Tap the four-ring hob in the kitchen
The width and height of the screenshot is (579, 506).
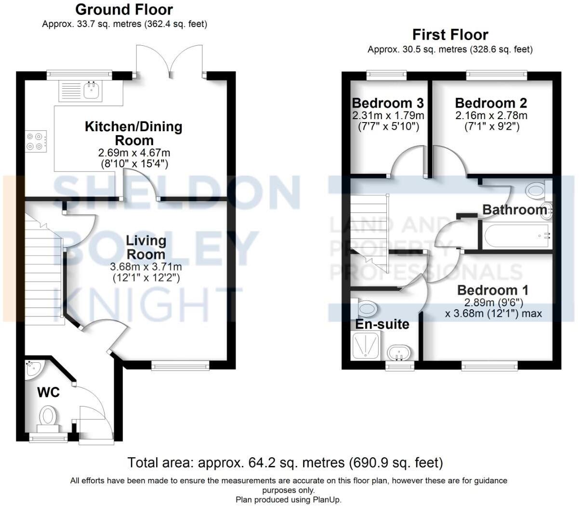pyautogui.click(x=36, y=141)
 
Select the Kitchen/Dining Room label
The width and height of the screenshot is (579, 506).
pyautogui.click(x=133, y=134)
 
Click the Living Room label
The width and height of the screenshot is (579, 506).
pyautogui.click(x=145, y=247)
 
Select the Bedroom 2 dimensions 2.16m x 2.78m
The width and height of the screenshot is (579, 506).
pyautogui.click(x=491, y=116)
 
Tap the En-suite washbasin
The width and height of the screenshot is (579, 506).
pyautogui.click(x=399, y=352)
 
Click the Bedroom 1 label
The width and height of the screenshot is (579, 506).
pyautogui.click(x=492, y=290)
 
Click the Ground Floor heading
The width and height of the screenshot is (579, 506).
pyautogui.click(x=124, y=9)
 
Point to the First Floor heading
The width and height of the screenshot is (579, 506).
pyautogui.click(x=450, y=35)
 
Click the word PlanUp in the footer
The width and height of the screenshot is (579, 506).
pyautogui.click(x=326, y=500)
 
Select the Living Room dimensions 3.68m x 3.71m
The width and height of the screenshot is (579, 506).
pyautogui.click(x=145, y=267)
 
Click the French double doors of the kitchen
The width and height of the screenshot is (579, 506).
pyautogui.click(x=170, y=60)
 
